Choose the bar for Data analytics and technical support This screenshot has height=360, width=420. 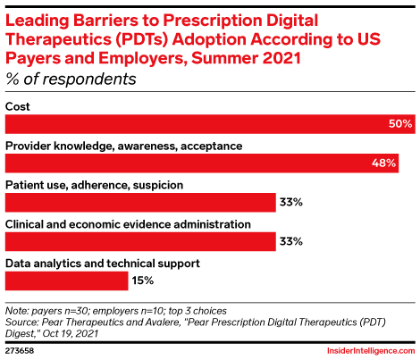tap(67, 281)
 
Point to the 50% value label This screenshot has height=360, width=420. tap(400, 124)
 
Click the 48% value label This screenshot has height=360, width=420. tap(384, 163)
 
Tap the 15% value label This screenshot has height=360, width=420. tap(143, 281)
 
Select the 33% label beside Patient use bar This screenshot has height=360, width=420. tap(290, 203)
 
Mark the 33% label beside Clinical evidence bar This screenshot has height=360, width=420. tap(290, 242)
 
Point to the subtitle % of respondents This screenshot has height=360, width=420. tap(71, 79)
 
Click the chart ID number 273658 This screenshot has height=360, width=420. tap(22, 350)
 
